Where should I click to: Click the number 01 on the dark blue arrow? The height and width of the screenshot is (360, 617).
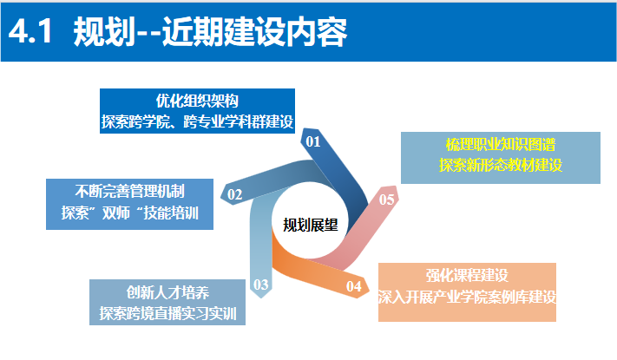point(313,141)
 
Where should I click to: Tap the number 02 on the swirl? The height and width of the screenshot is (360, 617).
point(234,194)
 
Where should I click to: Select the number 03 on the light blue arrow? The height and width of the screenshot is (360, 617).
point(260,283)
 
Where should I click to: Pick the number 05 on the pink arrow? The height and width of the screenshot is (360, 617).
point(388,200)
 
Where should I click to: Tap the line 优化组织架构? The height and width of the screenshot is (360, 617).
point(197,101)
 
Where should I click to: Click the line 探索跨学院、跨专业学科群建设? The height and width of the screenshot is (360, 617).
point(197,121)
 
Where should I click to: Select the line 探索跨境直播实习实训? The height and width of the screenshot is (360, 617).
point(167,311)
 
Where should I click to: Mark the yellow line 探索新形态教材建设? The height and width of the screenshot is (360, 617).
point(501,166)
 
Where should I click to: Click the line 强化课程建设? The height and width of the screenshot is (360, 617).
point(466,275)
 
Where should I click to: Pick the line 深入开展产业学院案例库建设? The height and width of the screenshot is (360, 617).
point(466,296)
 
